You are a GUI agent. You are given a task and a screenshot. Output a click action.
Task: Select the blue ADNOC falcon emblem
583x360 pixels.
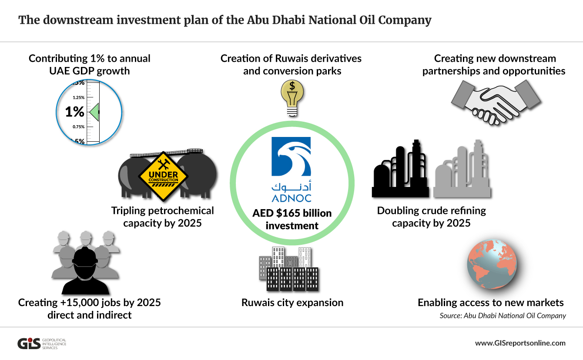pyautogui.click(x=291, y=157)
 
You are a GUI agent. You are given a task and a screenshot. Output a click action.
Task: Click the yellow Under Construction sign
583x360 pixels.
pyautogui.click(x=163, y=177)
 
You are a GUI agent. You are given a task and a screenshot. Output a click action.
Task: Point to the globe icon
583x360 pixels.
pyautogui.click(x=492, y=264)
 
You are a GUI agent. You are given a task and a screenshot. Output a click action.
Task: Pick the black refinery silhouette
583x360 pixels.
pyautogui.click(x=400, y=169)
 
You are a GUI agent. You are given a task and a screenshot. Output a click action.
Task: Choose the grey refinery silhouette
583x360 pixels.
pyautogui.click(x=462, y=169)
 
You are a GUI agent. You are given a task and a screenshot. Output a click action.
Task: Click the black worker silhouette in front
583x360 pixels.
pyautogui.click(x=85, y=270)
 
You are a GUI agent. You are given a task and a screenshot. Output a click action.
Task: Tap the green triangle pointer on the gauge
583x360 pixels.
pyautogui.click(x=94, y=112)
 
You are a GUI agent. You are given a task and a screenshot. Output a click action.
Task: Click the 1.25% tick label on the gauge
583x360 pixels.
pyautogui.click(x=79, y=97)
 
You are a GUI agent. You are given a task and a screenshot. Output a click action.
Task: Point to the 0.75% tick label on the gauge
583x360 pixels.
pyautogui.click(x=79, y=127)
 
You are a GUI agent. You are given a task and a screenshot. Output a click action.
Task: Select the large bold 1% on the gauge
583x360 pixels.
pyautogui.click(x=75, y=112)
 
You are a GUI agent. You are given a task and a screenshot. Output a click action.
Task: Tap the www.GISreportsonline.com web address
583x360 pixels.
pyautogui.click(x=520, y=343)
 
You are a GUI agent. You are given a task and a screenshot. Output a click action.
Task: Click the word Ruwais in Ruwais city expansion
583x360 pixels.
pyautogui.click(x=259, y=303)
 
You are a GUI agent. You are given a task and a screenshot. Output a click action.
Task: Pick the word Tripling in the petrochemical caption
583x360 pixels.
pyautogui.click(x=128, y=211)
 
